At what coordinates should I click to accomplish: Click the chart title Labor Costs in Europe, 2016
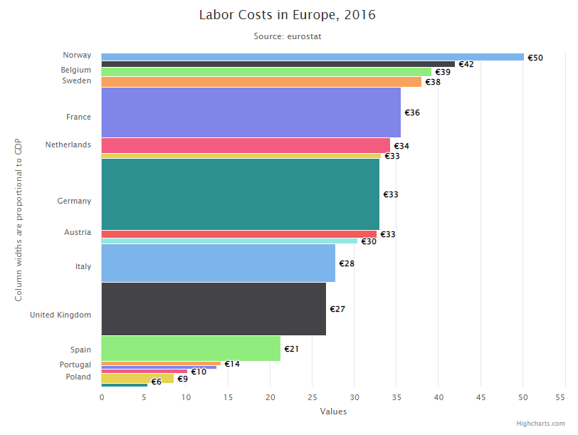tap(288, 15)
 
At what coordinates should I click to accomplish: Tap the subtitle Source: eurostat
tap(288, 36)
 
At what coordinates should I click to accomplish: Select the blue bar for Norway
tap(312, 57)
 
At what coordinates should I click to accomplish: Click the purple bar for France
tap(251, 112)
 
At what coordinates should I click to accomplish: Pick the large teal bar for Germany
tap(240, 194)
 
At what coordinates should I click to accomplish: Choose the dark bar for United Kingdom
tap(214, 309)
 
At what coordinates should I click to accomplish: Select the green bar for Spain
tap(191, 349)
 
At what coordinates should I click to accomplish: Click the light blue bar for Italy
tap(218, 263)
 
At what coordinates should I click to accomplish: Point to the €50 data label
tap(535, 58)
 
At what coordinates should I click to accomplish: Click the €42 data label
tap(466, 65)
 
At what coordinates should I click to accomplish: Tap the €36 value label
tap(412, 112)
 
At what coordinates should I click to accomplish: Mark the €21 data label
tap(291, 349)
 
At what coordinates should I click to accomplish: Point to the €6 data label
tap(157, 382)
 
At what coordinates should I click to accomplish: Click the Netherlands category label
tap(68, 145)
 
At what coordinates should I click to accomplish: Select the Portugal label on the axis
tap(75, 365)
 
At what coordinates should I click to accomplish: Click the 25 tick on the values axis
tap(312, 397)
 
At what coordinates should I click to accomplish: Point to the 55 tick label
tap(565, 397)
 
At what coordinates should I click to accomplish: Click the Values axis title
tap(333, 411)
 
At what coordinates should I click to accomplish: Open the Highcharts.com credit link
tap(541, 424)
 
